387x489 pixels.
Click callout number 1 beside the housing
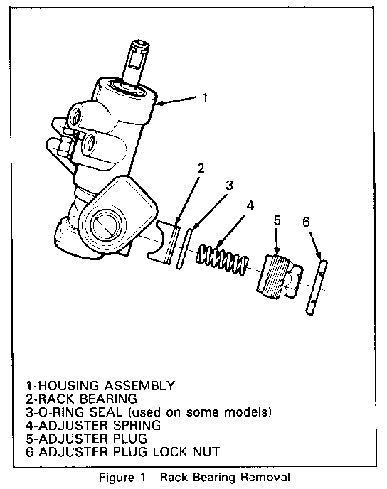tap(205, 98)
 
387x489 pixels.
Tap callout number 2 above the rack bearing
tap(201, 168)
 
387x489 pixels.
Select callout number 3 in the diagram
tap(229, 186)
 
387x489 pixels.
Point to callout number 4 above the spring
tap(250, 205)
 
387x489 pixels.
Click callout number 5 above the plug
tap(277, 220)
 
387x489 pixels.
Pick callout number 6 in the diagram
tap(306, 222)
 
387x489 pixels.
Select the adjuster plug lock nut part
tap(316, 287)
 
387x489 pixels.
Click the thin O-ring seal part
tap(184, 249)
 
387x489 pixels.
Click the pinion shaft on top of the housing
tap(135, 63)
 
